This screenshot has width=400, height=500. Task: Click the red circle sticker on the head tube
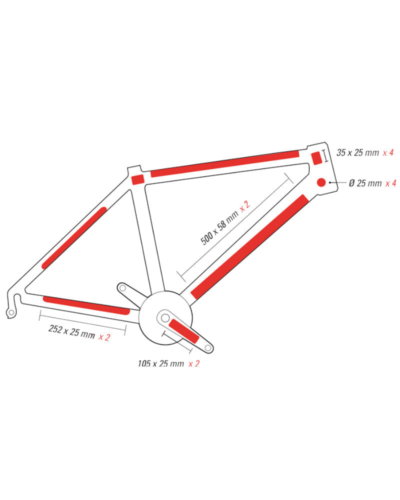click(x=321, y=182)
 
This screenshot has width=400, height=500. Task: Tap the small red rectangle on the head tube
click(x=316, y=158)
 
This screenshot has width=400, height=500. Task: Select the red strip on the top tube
click(x=225, y=163)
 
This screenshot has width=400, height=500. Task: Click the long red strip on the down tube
click(x=249, y=247)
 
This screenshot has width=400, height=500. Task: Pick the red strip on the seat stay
click(x=74, y=238)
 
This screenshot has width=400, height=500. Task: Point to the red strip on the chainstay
click(x=86, y=305)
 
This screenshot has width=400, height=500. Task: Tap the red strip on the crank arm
click(x=184, y=331)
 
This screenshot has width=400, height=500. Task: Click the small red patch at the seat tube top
click(x=138, y=179)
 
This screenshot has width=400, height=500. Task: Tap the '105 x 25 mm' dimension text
click(x=161, y=363)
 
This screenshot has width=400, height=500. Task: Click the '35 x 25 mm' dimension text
click(x=357, y=152)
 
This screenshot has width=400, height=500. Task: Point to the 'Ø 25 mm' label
click(x=365, y=183)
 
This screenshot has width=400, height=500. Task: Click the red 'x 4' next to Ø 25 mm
click(x=390, y=183)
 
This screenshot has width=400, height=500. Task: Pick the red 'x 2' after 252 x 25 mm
click(x=104, y=337)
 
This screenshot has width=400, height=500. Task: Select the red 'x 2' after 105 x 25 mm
click(x=194, y=363)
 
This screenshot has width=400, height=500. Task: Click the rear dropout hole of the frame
click(x=11, y=312)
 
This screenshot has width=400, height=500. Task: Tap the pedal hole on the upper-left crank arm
click(x=122, y=288)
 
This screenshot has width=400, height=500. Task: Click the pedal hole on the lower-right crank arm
click(x=207, y=348)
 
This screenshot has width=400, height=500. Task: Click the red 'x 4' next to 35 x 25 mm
click(x=388, y=152)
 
